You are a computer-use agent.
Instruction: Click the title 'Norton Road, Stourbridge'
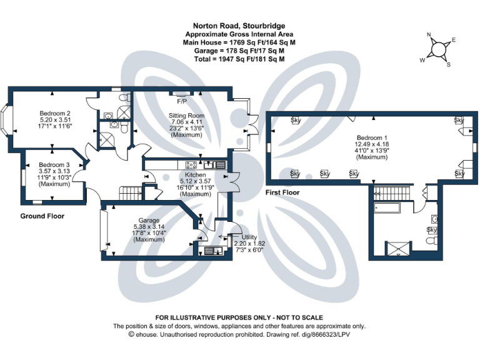pyautogui.click(x=239, y=26)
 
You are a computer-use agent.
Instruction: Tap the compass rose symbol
pyautogui.click(x=439, y=49)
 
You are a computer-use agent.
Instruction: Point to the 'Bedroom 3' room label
pyautogui.click(x=53, y=166)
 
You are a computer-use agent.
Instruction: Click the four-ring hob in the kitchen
pyautogui.click(x=191, y=165)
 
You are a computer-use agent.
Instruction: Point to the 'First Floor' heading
pyautogui.click(x=282, y=193)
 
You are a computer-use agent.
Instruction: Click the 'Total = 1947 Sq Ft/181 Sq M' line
pyautogui.click(x=239, y=59)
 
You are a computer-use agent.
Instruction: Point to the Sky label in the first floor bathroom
pyautogui.click(x=431, y=230)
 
